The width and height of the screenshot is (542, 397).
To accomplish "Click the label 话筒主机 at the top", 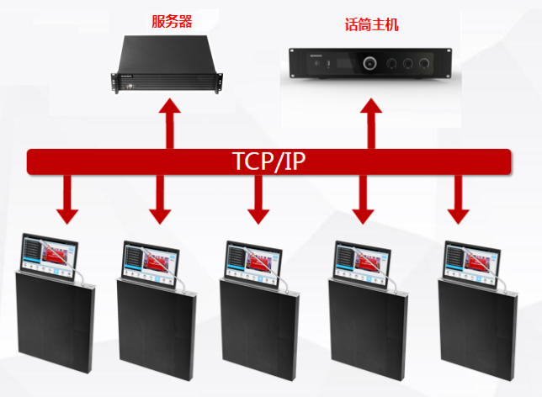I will click(371, 25).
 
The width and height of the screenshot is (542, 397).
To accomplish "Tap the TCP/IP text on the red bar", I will click(268, 161).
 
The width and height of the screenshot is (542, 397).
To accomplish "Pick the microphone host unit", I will click(370, 64).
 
